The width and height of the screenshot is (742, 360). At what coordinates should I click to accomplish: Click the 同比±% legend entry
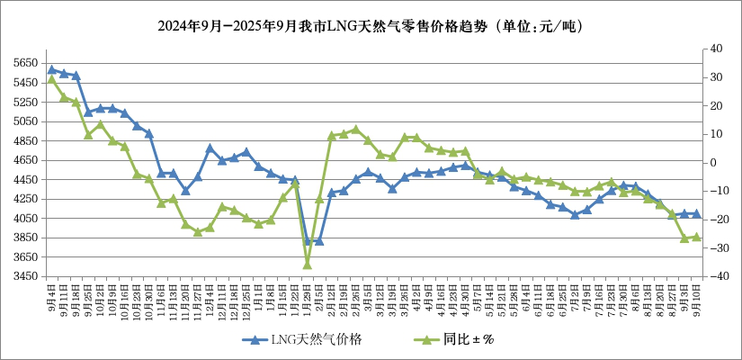pos(460,339)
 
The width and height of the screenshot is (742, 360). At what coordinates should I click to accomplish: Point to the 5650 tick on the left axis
pos(25,64)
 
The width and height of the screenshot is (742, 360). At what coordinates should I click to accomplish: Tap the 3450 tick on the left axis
pos(25,276)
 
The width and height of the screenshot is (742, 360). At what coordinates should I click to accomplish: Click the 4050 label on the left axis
pos(25,219)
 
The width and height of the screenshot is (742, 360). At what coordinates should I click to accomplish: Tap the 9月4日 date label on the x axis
pos(52,293)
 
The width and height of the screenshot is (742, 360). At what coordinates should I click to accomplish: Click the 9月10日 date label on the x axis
pos(696,293)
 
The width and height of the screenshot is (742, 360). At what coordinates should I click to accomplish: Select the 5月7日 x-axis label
pos(477,293)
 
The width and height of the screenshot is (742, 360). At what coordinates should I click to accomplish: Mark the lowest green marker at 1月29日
pos(307,265)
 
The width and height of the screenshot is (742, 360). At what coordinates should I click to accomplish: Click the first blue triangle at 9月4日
pos(51,69)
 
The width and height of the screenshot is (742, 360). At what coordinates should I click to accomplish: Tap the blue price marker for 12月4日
pos(210,148)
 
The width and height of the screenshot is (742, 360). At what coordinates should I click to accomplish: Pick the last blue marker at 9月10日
pos(696,213)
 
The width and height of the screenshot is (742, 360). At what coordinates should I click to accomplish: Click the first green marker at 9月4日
pos(51,79)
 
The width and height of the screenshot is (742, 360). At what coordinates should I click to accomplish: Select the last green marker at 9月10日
pos(696,238)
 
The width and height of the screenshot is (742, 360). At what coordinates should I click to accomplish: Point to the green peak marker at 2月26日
pos(355,130)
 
